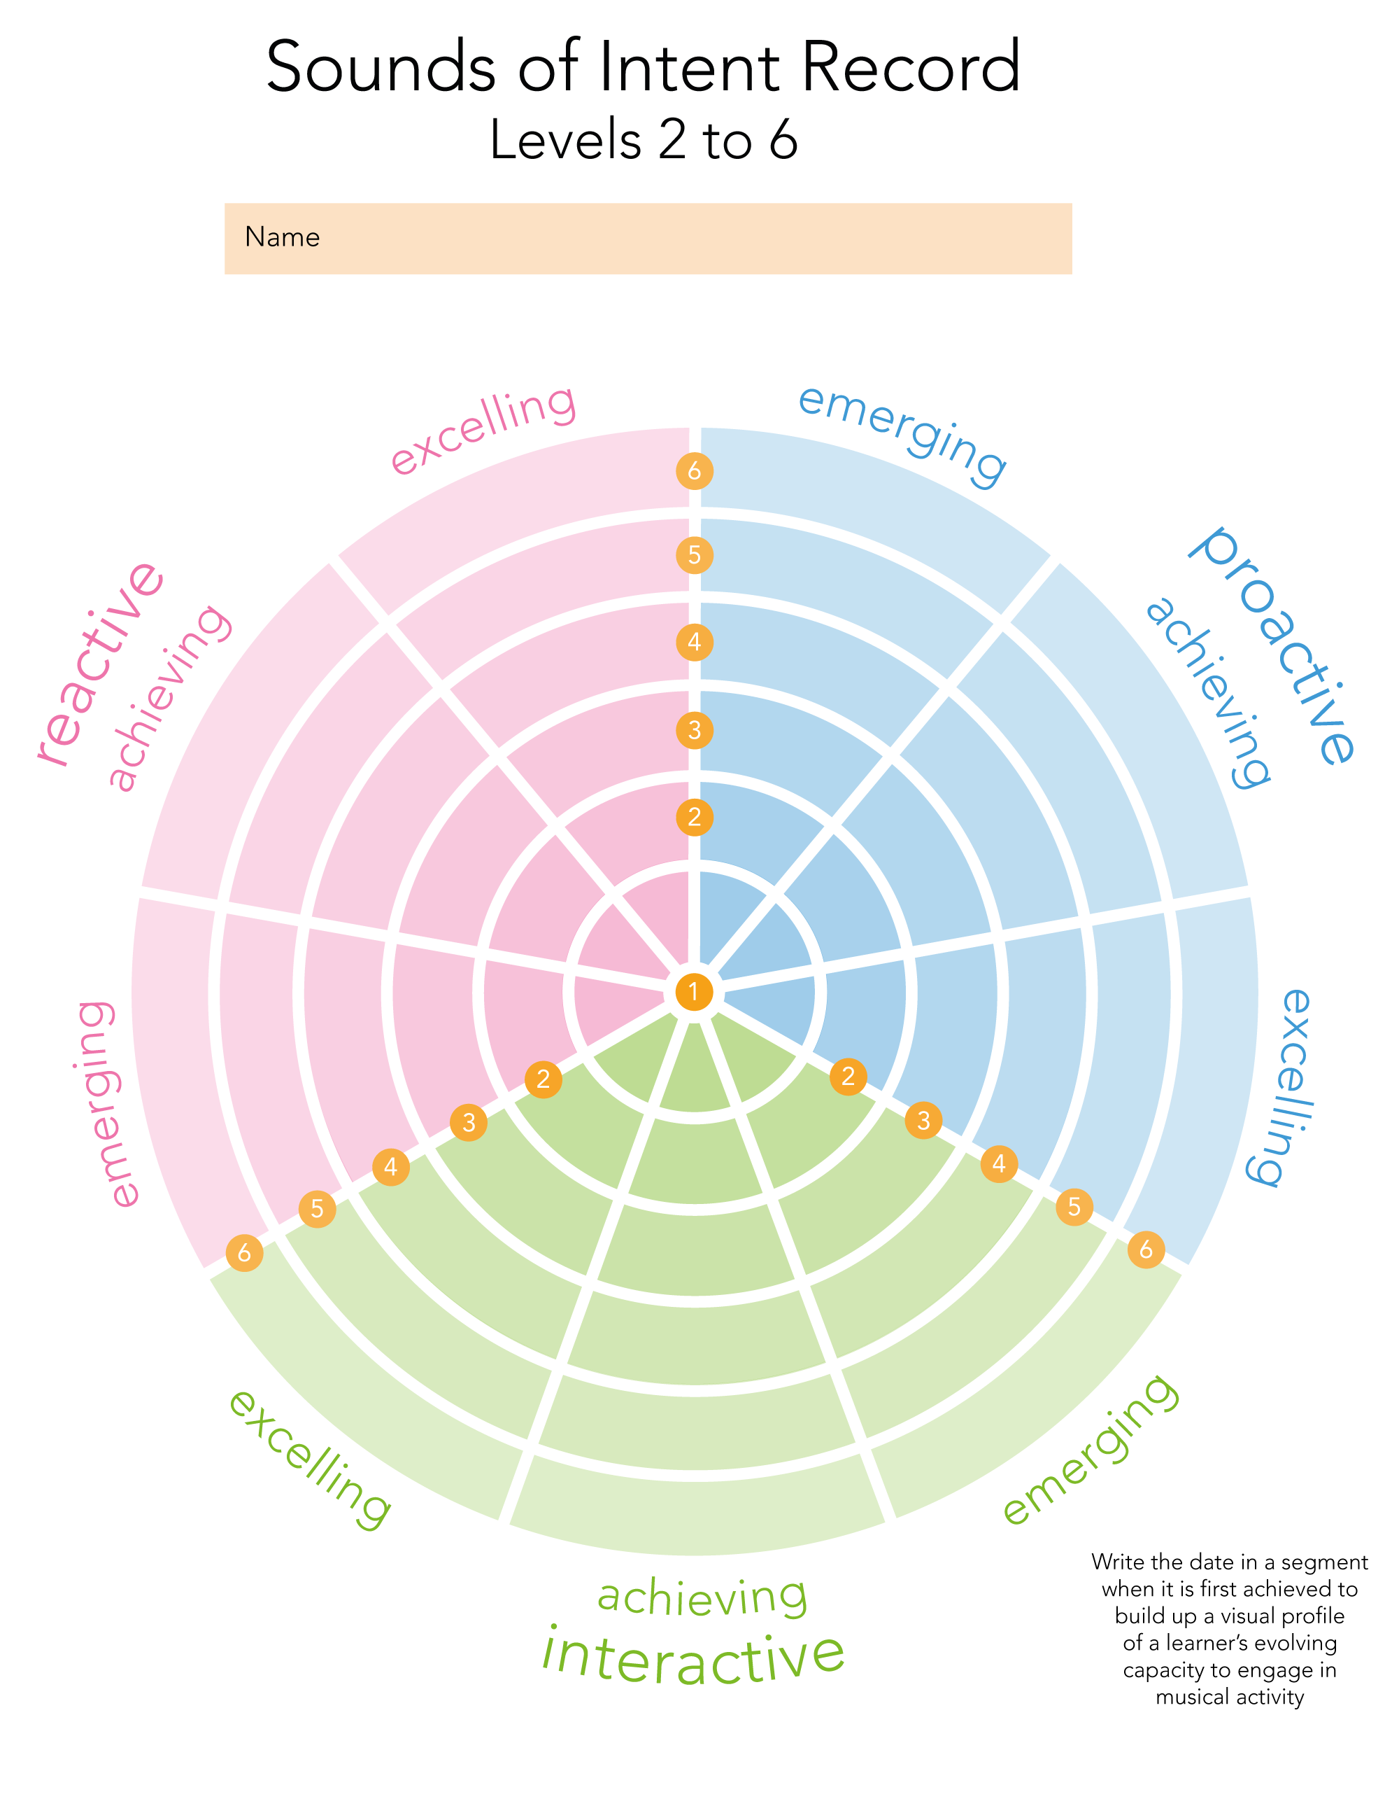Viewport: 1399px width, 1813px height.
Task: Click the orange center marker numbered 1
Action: point(694,991)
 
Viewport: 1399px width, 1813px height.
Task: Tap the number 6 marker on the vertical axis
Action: point(694,470)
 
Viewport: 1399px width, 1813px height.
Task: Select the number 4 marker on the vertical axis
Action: point(694,642)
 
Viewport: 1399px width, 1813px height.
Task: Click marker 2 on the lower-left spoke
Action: point(544,1079)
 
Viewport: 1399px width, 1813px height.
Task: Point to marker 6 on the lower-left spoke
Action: point(244,1253)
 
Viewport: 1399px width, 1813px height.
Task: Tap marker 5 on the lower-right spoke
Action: point(1074,1206)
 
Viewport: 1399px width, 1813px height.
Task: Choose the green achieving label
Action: point(702,1596)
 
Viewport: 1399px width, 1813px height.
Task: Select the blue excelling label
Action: point(1279,1088)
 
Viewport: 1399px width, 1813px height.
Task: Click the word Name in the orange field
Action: point(282,237)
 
